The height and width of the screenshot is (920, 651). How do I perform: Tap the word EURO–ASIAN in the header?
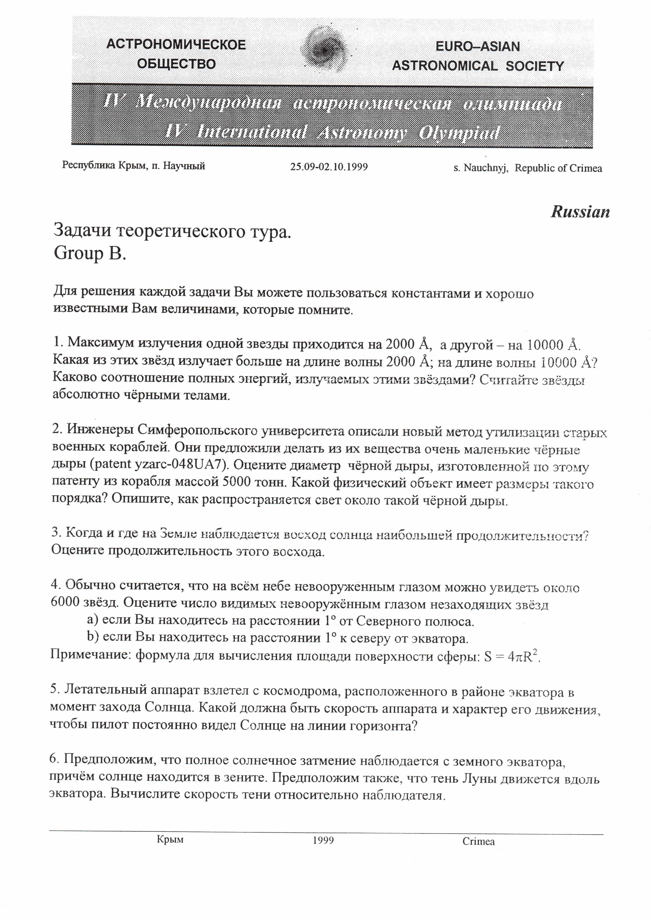tap(478, 46)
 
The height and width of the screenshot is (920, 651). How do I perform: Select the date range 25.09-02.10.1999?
tap(329, 167)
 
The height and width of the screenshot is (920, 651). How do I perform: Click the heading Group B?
tap(90, 253)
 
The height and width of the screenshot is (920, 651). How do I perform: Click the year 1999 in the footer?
tap(323, 840)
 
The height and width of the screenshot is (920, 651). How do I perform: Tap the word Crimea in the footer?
tap(478, 842)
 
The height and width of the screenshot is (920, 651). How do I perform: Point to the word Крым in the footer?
tap(170, 839)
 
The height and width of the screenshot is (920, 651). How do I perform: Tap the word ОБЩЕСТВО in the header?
tap(176, 64)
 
